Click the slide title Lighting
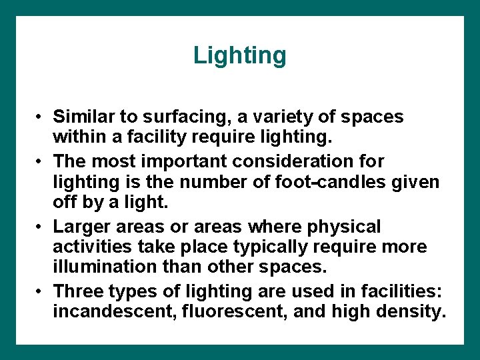pos(239,55)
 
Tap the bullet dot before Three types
pos(40,292)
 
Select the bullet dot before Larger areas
pos(40,227)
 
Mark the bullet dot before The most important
pos(40,162)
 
